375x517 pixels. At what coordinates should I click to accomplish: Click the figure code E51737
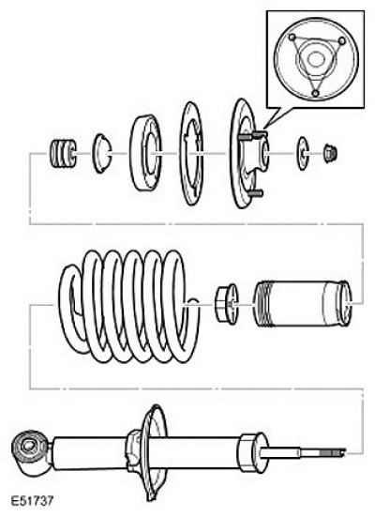[x=32, y=501]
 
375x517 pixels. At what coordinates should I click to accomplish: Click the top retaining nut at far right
[x=330, y=154]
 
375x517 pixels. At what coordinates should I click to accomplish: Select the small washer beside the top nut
[x=303, y=154]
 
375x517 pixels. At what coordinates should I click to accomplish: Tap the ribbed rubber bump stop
[x=63, y=154]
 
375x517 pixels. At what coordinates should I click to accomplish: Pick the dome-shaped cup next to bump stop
[x=101, y=153]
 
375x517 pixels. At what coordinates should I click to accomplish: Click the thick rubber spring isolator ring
[x=145, y=153]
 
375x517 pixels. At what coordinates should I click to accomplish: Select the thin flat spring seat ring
[x=191, y=153]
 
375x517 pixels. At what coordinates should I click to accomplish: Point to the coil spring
[x=128, y=307]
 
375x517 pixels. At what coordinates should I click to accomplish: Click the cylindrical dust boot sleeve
[x=302, y=304]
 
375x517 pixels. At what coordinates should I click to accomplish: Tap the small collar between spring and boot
[x=226, y=304]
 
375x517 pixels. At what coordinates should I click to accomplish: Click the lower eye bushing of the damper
[x=27, y=447]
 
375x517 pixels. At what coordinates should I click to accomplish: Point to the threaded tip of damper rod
[x=332, y=452]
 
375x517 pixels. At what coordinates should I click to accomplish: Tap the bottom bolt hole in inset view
[x=315, y=93]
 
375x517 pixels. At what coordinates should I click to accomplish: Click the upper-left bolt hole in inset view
[x=292, y=38]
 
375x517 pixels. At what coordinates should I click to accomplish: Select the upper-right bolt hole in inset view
[x=341, y=40]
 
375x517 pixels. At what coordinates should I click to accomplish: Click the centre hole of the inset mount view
[x=315, y=59]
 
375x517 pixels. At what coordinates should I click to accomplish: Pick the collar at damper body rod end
[x=253, y=451]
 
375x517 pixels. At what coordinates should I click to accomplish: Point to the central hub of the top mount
[x=261, y=154]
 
